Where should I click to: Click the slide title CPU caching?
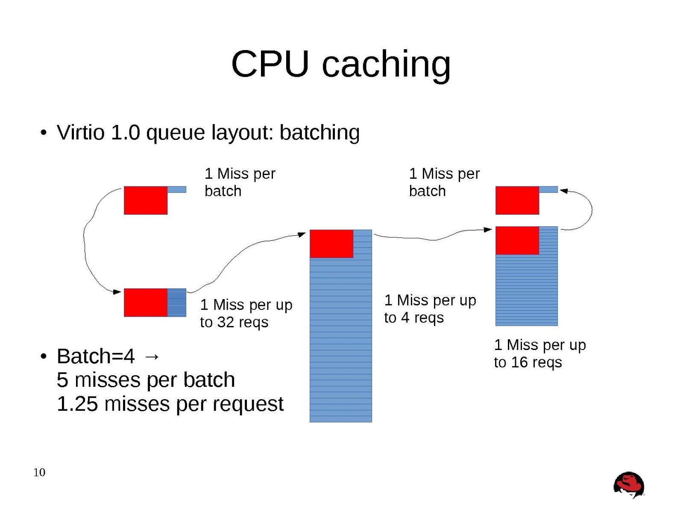coord(341,64)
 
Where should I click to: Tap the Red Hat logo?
coord(628,485)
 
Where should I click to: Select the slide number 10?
coord(39,472)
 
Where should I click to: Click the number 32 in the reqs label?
coord(226,322)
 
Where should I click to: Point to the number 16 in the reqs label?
coord(520,362)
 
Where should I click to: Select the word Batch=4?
coord(96,356)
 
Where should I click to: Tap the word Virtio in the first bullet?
coord(80,132)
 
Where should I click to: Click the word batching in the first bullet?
coord(320,133)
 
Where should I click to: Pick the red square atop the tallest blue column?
coord(331,244)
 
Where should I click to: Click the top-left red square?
coord(146,200)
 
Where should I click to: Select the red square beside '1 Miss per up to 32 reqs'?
coord(146,302)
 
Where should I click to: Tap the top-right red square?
coord(517,200)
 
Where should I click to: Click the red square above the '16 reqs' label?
coord(517,240)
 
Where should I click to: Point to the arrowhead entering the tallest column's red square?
coord(302,234)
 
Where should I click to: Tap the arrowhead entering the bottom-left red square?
coord(117,292)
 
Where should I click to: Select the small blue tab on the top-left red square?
coord(177,189)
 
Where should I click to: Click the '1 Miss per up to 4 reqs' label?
coord(430,309)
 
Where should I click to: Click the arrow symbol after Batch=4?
coord(152,356)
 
